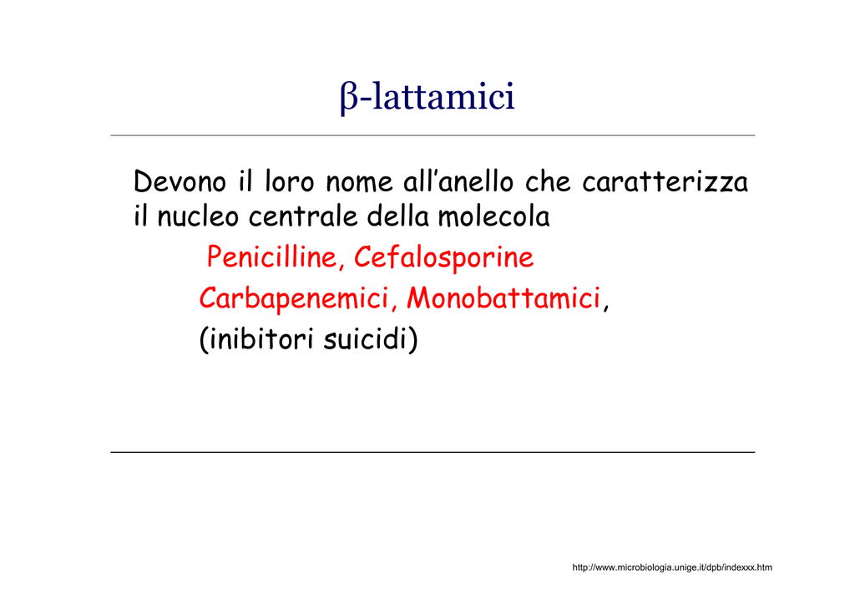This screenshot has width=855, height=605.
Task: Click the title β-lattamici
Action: click(x=427, y=97)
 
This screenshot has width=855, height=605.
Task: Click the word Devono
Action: click(x=180, y=181)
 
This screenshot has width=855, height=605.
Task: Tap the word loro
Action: click(x=290, y=181)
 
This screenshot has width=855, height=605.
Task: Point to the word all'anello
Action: click(x=458, y=181)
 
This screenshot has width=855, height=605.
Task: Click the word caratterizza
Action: click(x=665, y=181)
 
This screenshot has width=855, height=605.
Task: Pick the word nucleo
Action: click(x=198, y=216)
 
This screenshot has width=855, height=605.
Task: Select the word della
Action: click(x=397, y=216)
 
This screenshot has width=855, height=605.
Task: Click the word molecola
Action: click(x=494, y=216)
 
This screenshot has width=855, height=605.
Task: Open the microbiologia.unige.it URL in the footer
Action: click(x=672, y=567)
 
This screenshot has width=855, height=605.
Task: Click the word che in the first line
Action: click(x=548, y=181)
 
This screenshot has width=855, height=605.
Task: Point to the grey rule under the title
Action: click(x=433, y=135)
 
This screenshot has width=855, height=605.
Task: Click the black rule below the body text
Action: click(x=433, y=452)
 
